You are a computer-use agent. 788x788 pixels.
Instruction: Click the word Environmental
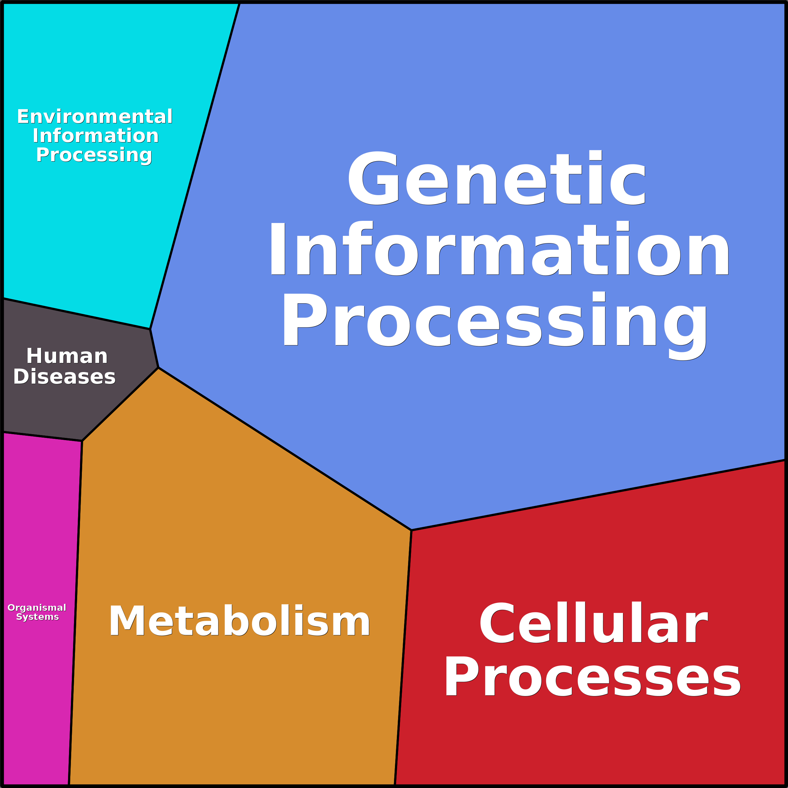pos(95,117)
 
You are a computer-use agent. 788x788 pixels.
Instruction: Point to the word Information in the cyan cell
pos(95,136)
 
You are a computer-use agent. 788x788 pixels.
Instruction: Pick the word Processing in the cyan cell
pos(94,155)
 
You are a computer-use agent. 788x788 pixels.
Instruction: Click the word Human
pos(67,356)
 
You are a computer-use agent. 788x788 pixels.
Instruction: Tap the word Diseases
pos(64,376)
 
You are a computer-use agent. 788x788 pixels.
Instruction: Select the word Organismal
pos(37,608)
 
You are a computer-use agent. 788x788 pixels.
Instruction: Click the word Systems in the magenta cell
pos(38,617)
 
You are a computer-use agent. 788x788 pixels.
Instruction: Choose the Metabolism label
pos(239,621)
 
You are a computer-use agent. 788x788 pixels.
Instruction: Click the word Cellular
pos(594,623)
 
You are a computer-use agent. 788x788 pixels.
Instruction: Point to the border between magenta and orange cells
pos(76,612)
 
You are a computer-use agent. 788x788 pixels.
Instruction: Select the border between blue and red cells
pos(598,495)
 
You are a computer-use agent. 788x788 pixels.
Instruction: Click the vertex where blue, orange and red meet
pos(411,530)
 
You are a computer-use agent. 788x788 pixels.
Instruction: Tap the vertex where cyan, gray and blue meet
pos(150,329)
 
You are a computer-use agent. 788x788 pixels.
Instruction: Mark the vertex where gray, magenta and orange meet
pos(82,441)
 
